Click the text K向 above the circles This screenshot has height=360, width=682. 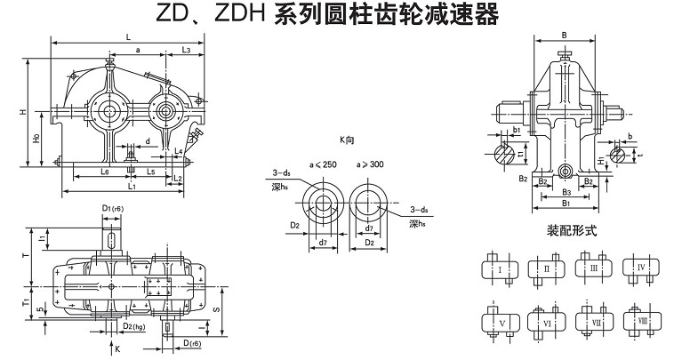point(347,140)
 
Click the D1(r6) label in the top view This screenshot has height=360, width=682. point(111,208)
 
